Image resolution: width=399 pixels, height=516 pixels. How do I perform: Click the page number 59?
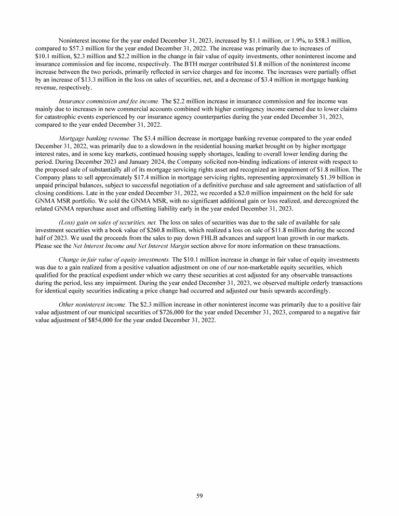(199, 496)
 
